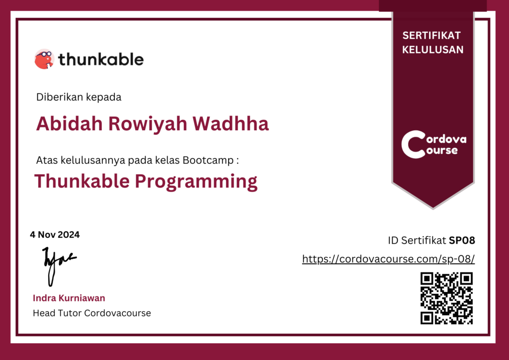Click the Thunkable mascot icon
coord(44,59)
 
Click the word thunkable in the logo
coord(101,59)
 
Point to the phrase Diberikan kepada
coord(79,97)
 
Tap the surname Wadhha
coord(231,124)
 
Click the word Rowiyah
coord(148,124)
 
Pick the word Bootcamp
coord(208,161)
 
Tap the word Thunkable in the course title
coord(82,181)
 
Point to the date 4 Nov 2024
coord(55,235)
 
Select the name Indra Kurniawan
coord(69,298)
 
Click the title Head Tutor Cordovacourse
coord(92,313)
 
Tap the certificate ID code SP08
coord(462,241)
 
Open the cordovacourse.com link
coord(389,259)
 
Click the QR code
coord(447,298)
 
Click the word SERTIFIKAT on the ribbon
coord(431,35)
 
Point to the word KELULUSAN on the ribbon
coord(433,50)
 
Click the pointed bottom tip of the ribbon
coord(433,208)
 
